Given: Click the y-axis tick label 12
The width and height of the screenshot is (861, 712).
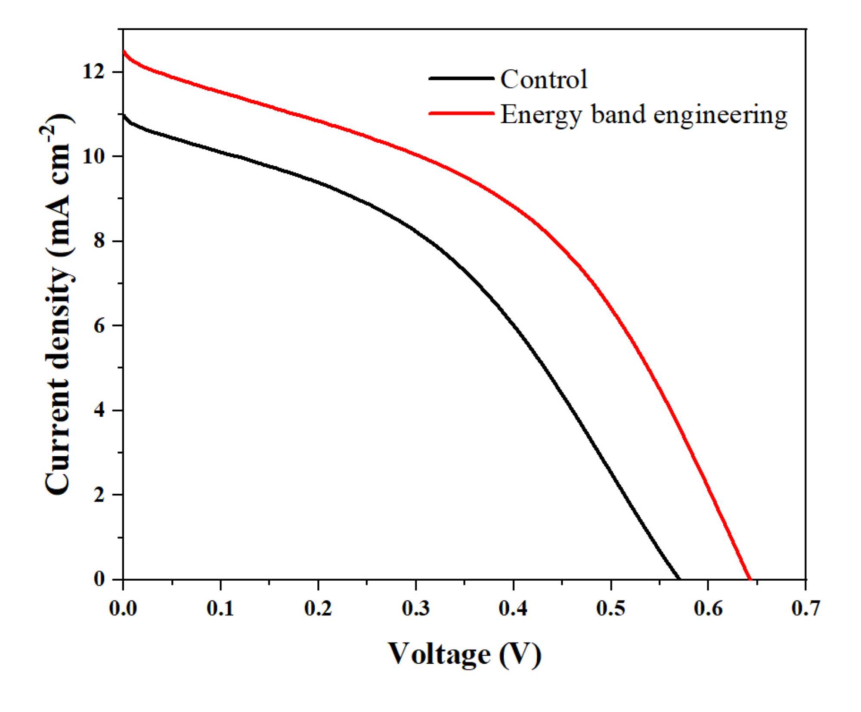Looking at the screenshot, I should (94, 72).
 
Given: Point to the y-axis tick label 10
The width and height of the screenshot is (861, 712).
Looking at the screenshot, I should (94, 156).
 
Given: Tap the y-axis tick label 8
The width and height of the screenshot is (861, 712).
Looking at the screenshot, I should (99, 241).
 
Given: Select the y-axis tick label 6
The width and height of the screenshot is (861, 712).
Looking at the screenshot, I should (99, 326).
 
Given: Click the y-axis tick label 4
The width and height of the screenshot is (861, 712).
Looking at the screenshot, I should (99, 410).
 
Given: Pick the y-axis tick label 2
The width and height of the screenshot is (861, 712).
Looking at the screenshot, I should (99, 495).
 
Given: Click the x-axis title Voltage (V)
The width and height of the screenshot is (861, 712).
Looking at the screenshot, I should (465, 655).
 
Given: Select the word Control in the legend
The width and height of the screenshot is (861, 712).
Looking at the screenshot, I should (544, 79).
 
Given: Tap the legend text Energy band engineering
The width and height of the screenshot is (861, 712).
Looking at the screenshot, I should (644, 115).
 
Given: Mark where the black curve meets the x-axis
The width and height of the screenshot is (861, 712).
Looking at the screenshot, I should (679, 579).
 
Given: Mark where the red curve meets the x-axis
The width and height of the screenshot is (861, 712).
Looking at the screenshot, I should (750, 579).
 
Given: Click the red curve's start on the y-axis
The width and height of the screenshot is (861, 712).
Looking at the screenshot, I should (124, 51).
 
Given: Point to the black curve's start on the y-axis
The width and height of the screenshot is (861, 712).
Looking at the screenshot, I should (124, 115).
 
